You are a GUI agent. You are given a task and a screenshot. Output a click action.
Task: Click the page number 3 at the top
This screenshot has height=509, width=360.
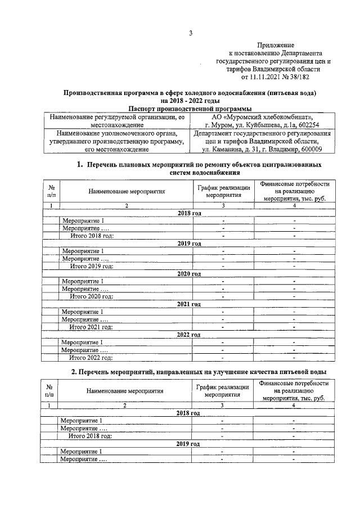pos(190,33)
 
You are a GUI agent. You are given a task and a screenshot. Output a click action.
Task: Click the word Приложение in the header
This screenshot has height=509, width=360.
pos(276,44)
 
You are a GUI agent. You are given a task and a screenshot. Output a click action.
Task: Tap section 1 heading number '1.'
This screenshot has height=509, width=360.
pos(80,165)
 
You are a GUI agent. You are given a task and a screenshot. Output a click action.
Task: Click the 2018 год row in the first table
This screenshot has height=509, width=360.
pos(189,214)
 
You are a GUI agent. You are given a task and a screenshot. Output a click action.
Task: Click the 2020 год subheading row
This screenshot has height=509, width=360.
pos(189,274)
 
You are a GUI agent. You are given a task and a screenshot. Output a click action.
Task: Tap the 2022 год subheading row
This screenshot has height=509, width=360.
pos(188,335)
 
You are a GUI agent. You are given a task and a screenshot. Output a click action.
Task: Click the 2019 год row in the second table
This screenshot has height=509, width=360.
pos(188,444)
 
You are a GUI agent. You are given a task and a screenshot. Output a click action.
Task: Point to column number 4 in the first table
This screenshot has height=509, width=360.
pos(294,206)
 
